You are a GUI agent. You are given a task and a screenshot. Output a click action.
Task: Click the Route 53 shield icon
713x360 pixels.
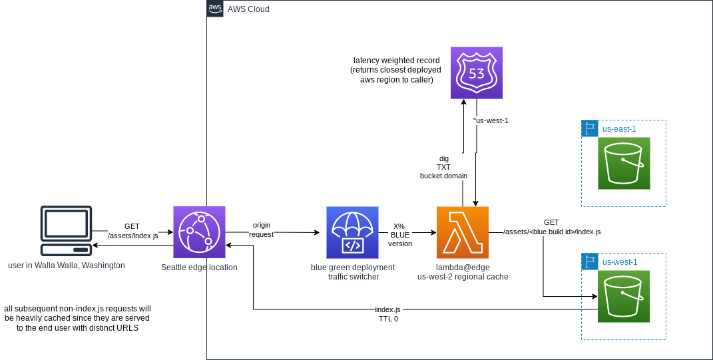coord(476,73)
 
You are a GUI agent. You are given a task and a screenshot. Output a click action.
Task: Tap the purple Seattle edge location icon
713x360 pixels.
coord(199,232)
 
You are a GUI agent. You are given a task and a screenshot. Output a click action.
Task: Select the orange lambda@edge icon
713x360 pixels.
coord(462,232)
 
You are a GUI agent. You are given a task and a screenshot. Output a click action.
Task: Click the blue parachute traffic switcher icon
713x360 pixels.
coord(352,232)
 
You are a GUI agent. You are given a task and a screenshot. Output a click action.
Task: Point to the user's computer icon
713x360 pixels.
coord(66,231)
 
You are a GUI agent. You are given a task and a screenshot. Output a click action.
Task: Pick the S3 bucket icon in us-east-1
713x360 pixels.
coord(624,163)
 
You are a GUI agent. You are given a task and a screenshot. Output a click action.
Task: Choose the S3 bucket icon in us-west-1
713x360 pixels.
coord(624,296)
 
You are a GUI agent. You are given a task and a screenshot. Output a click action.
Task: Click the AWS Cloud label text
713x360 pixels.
coord(248,9)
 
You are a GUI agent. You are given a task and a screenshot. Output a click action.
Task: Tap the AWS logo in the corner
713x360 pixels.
coord(215,9)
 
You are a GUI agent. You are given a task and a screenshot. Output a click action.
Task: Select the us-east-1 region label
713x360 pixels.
coord(619,128)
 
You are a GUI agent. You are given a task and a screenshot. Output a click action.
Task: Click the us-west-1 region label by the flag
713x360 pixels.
coord(619,262)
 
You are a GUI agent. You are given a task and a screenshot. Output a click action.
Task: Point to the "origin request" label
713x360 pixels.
coord(261,230)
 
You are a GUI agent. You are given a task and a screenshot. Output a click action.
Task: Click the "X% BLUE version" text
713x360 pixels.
coord(399,235)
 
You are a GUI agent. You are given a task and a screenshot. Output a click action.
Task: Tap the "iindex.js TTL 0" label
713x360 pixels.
coord(387,314)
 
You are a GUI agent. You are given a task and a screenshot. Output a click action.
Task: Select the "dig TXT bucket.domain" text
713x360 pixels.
coord(443,167)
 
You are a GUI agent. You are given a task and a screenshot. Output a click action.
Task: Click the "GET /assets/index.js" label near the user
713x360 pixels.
coord(132,231)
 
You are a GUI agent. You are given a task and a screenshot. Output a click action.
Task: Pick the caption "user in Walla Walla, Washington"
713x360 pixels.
coord(67,266)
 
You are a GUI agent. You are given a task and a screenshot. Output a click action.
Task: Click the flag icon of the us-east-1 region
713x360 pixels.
coord(589,128)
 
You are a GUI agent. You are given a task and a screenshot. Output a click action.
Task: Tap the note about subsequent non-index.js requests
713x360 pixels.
coord(77,318)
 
